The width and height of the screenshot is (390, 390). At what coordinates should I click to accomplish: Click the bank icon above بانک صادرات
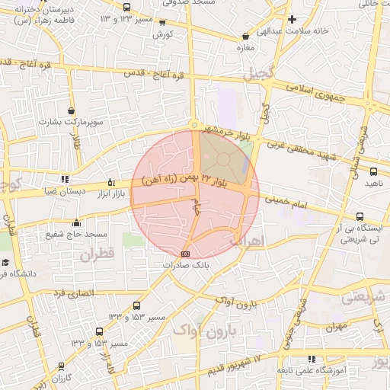tap(185, 253)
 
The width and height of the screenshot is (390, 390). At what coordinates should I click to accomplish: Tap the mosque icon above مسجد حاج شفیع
tap(76, 223)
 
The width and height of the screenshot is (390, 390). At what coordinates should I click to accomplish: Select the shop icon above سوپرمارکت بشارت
tap(71, 111)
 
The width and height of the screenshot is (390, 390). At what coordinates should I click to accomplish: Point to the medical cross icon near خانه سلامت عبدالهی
tap(292, 19)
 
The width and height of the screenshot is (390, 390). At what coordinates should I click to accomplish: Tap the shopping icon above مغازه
tap(245, 36)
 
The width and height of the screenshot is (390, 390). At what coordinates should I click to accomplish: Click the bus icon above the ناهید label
tap(372, 172)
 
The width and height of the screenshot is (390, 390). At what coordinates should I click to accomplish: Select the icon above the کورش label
tap(162, 23)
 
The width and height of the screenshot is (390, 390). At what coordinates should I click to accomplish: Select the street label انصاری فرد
tap(72, 292)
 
